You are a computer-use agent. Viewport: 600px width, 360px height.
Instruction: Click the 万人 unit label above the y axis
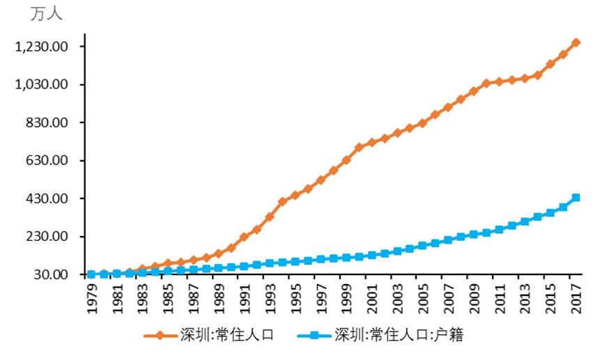pos(46,14)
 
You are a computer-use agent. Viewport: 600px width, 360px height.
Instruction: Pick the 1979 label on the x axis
pos(91,298)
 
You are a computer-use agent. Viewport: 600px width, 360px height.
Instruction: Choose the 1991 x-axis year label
pos(245,298)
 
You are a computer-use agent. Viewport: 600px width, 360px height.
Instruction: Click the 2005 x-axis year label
pos(423,298)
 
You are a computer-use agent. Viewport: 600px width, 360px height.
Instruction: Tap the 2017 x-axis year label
pos(576,298)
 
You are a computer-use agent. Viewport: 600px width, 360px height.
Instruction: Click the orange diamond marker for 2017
pos(576,43)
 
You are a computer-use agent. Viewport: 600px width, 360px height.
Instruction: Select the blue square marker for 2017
pos(576,198)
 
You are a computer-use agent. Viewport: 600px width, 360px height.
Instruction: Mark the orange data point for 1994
pos(282,201)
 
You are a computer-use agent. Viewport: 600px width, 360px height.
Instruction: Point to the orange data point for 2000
pos(359,148)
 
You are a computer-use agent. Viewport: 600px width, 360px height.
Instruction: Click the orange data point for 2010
pos(486,84)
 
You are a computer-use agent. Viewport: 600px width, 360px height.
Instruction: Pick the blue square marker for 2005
pos(423,245)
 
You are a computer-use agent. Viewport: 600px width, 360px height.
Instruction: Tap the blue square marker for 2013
pos(525,221)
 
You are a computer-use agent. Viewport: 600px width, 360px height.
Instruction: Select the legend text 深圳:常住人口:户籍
pos(399,335)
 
